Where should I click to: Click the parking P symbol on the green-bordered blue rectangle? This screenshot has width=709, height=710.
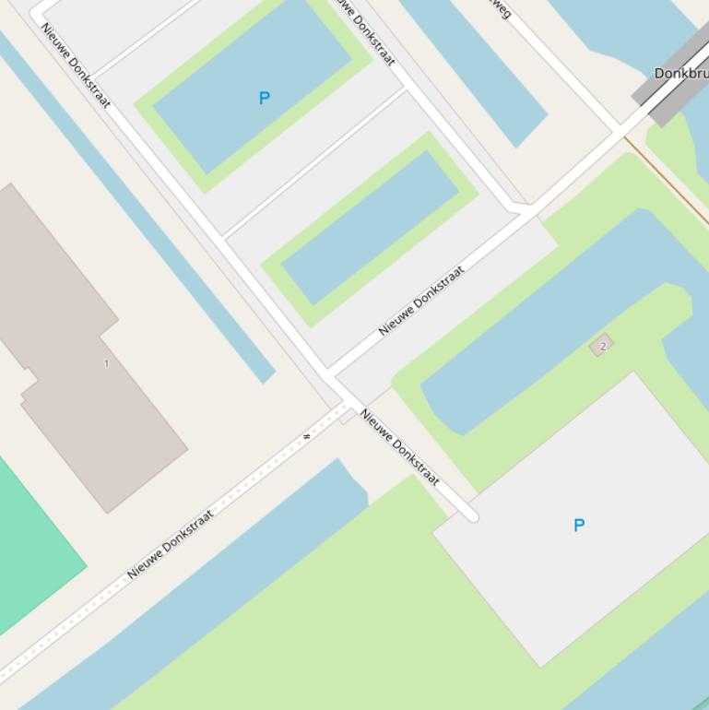(x=265, y=98)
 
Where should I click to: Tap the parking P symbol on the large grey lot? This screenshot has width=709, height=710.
(x=579, y=526)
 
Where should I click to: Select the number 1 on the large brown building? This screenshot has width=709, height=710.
(x=106, y=363)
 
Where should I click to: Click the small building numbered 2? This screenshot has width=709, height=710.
(x=602, y=346)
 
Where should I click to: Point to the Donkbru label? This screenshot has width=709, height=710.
(x=681, y=73)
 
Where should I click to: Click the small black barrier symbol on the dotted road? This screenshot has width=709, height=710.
(x=307, y=435)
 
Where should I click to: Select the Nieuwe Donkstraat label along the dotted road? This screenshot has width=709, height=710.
(x=171, y=544)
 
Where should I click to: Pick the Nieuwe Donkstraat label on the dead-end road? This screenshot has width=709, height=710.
(x=400, y=447)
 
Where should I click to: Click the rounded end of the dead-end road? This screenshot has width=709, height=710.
(x=472, y=516)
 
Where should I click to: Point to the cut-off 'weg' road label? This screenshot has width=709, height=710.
(x=499, y=8)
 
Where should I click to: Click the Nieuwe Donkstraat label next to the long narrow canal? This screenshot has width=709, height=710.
(x=76, y=65)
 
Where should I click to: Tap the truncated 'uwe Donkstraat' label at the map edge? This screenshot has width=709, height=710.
(x=365, y=31)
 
